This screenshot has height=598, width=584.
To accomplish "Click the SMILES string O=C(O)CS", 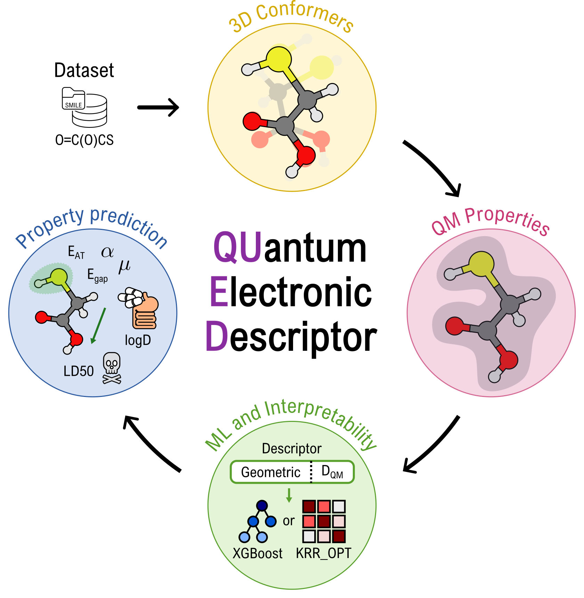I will [x=84, y=140].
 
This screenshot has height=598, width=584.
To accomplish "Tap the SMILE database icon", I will [x=84, y=107].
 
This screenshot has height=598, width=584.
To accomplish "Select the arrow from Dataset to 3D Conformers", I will [x=158, y=107].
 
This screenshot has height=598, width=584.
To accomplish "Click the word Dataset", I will [x=84, y=70].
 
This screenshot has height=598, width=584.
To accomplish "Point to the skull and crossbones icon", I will [x=112, y=368].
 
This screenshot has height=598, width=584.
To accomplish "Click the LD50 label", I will [x=79, y=371].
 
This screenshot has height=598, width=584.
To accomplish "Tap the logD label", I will [x=138, y=340].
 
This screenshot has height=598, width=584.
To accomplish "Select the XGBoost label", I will [x=258, y=554].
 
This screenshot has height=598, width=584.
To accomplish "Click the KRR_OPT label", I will [x=324, y=553].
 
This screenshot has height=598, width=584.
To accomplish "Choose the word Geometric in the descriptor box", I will [x=271, y=472].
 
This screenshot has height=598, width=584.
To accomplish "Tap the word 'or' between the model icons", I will [x=289, y=521].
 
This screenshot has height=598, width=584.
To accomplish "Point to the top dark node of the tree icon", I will [x=262, y=505].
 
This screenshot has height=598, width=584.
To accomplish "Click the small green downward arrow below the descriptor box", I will [x=289, y=495].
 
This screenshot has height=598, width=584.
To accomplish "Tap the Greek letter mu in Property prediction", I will [x=124, y=267].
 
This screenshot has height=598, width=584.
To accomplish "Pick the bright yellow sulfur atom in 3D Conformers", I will [x=278, y=59].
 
